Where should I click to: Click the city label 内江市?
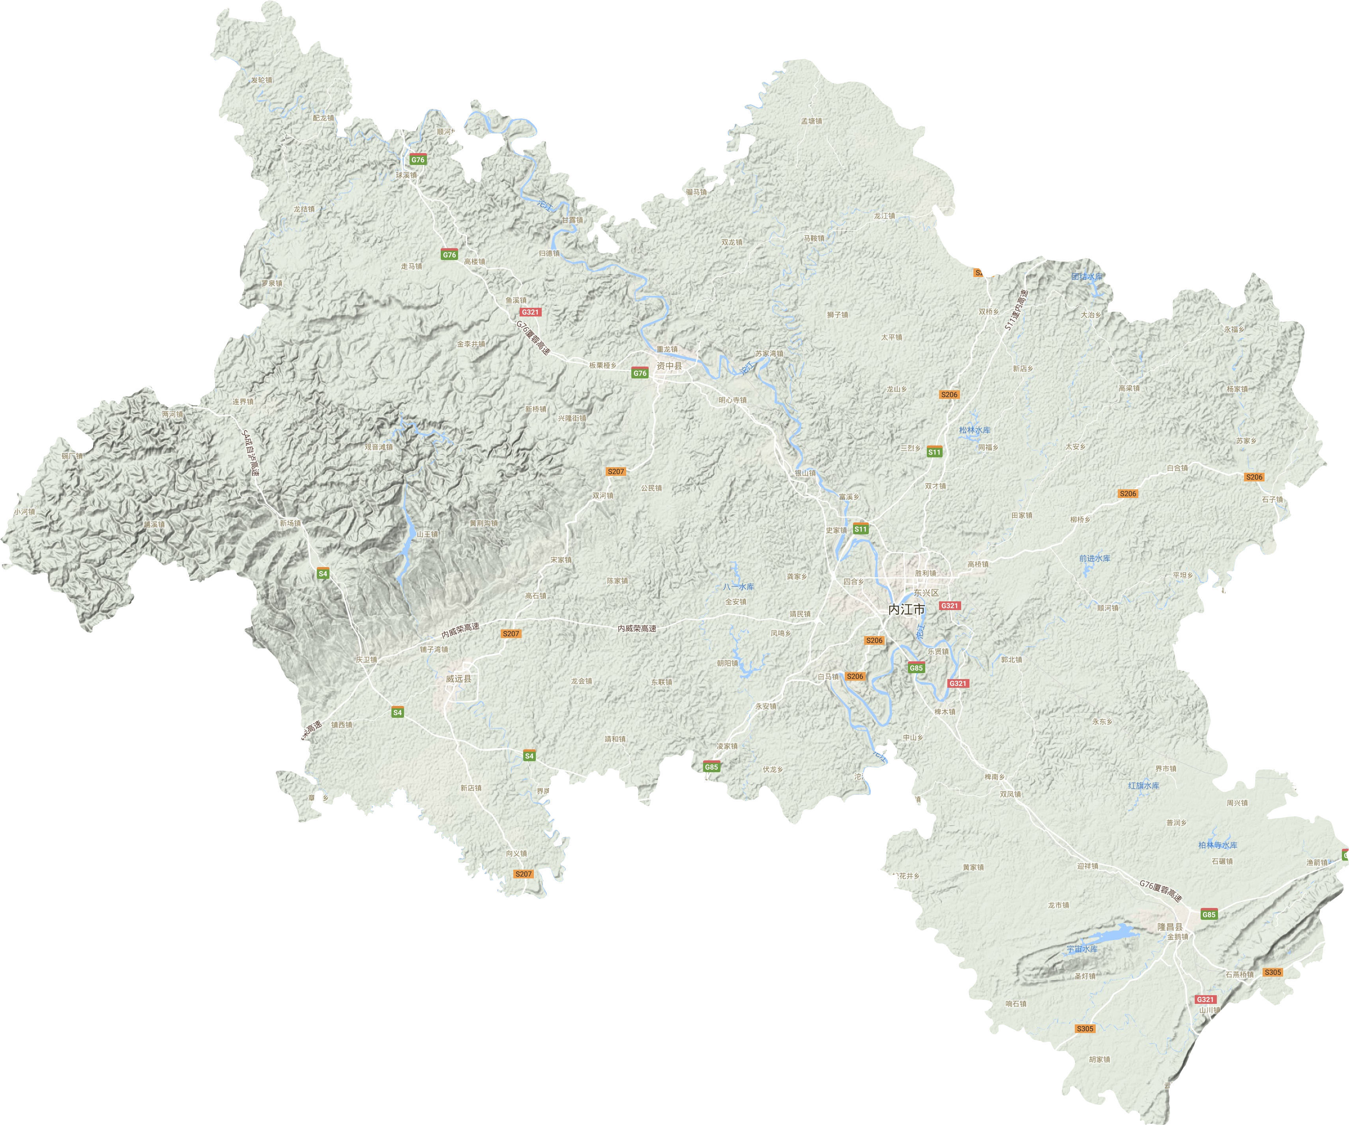[x=906, y=609]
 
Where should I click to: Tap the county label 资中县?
[x=669, y=365]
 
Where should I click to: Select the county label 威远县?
[x=458, y=678]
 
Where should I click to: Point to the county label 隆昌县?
[x=1170, y=927]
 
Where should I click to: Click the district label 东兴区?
[x=926, y=592]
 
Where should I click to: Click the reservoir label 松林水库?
[x=975, y=430]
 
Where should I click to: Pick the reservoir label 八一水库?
[x=738, y=587]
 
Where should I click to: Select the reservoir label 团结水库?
[x=1087, y=277]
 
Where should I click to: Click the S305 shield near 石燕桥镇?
[x=1272, y=972]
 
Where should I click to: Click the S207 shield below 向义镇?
[x=524, y=874]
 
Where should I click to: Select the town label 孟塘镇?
[x=811, y=121]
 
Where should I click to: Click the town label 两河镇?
[x=172, y=414]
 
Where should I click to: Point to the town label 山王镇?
[x=427, y=534]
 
